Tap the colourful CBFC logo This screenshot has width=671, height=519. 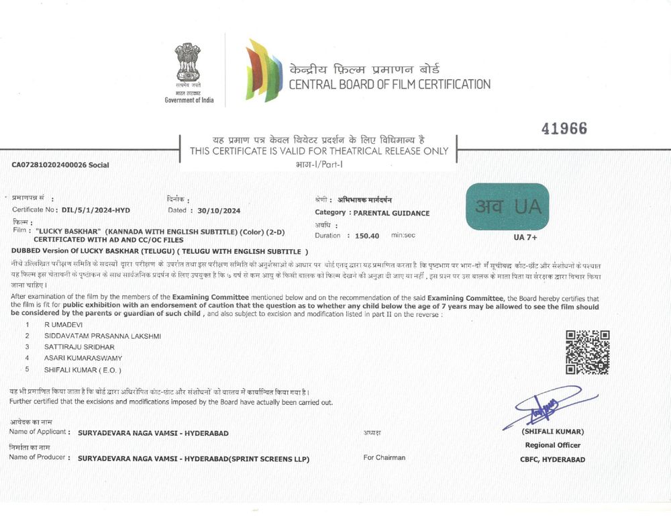click(x=264, y=70)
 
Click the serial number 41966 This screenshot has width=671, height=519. click(x=564, y=128)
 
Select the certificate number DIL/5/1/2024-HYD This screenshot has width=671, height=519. click(x=95, y=210)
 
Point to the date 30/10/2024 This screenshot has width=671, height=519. click(x=214, y=210)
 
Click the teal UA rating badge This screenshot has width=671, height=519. click(x=507, y=207)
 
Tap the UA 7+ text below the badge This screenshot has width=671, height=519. click(x=525, y=237)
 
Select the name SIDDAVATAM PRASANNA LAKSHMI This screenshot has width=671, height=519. click(x=102, y=336)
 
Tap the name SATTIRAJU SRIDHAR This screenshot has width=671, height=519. click(x=79, y=347)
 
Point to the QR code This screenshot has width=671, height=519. click(x=587, y=352)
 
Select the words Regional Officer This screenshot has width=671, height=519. click(x=553, y=445)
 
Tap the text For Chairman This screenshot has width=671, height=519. click(x=384, y=458)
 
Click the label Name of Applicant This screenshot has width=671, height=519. click(x=38, y=433)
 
